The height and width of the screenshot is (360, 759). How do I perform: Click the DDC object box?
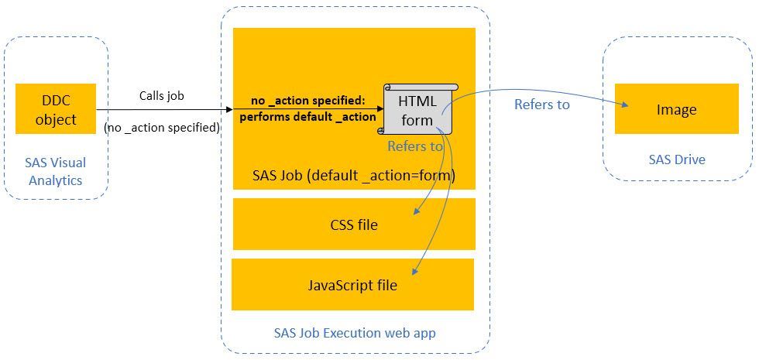coord(56,109)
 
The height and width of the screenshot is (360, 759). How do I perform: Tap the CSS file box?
coord(354,225)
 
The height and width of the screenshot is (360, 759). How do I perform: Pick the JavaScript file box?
coord(352,285)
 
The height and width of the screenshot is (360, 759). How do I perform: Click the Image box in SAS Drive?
coord(676,109)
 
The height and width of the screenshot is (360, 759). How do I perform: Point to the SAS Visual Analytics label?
coord(55,171)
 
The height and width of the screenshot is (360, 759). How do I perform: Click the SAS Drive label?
coord(676,159)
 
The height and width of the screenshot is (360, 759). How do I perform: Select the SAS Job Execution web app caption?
coord(355,334)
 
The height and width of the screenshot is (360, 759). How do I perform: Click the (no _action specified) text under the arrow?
coord(162,126)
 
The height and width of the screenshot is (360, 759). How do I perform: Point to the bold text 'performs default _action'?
coord(307,118)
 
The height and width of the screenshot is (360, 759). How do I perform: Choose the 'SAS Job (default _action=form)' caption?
coord(354,176)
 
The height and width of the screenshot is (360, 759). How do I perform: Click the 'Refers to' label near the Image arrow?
coord(542,104)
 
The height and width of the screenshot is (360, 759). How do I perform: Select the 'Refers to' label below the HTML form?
coord(415,146)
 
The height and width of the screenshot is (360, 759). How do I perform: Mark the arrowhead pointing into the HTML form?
coord(379,110)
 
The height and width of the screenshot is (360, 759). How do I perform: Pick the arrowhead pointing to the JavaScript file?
coord(417,271)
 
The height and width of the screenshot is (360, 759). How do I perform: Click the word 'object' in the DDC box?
coord(56,119)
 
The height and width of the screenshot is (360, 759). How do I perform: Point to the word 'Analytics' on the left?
coord(55,180)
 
